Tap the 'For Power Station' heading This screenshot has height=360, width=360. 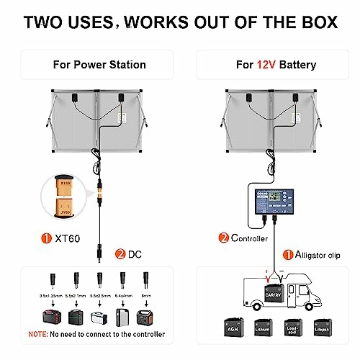99,65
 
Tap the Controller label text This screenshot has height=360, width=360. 248,237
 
